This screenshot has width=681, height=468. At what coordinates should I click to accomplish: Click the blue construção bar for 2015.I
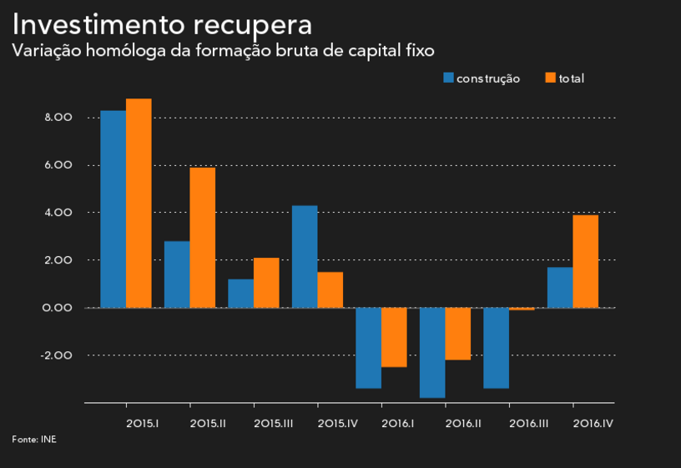pos(113,209)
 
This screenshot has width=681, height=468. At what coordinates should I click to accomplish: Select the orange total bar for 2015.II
pos(202,238)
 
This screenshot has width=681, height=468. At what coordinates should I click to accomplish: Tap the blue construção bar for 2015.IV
pos(305,256)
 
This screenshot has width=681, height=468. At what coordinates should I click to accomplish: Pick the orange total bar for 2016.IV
pos(585,261)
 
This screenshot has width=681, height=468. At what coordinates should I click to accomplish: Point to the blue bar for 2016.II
pos(432,352)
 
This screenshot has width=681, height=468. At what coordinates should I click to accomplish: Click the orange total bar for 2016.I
pos(394,337)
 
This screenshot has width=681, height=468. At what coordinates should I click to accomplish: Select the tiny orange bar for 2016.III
pos(522,309)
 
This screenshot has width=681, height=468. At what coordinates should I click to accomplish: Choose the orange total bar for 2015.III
pos(266,283)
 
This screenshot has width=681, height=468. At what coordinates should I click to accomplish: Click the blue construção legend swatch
pos(448,78)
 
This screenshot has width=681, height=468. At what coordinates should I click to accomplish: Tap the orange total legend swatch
pos(550,78)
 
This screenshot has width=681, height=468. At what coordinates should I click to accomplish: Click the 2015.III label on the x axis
pos(273,424)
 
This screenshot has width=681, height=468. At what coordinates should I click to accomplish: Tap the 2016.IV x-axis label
pos(593,424)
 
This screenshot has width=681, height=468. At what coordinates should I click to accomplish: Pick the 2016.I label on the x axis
pos(399,424)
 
